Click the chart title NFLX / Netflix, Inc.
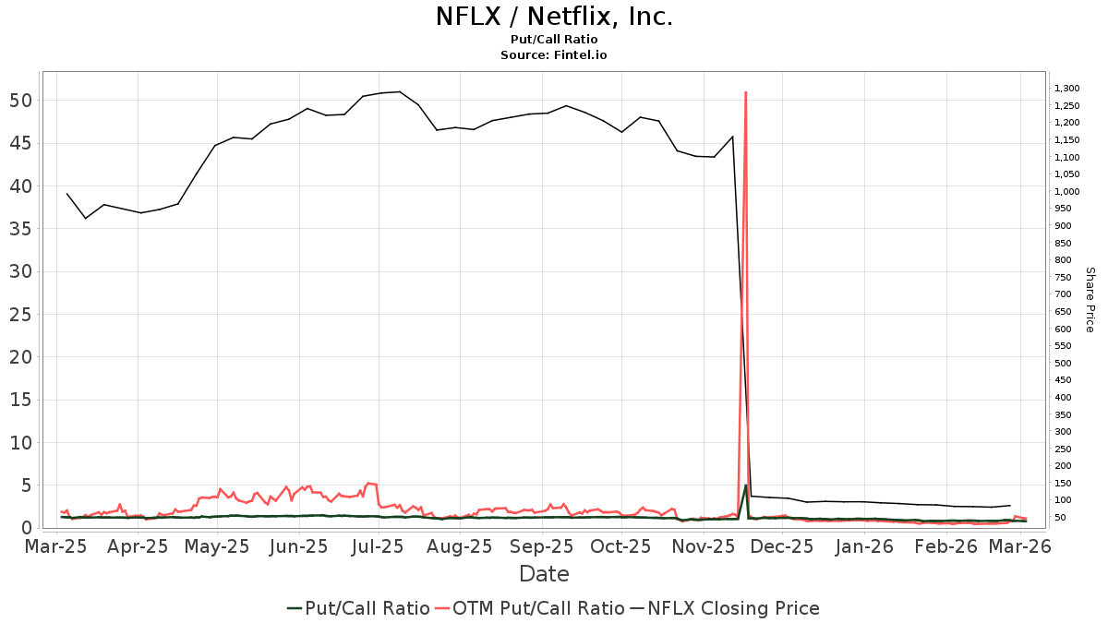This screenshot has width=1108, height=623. tap(554, 18)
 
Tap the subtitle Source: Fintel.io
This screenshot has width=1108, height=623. tap(554, 55)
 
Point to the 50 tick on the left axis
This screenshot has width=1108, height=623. tap(21, 100)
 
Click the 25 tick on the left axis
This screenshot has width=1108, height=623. tap(21, 314)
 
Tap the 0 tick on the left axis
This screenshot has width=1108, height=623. tap(26, 528)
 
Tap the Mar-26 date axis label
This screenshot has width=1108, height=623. tap(1020, 547)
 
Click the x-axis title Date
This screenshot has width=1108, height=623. tap(544, 574)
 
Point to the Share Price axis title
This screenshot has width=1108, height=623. tap(1090, 299)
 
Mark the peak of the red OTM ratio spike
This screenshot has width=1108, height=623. tap(745, 92)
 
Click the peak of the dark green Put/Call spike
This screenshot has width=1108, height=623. tap(745, 486)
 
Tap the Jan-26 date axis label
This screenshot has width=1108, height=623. tap(865, 547)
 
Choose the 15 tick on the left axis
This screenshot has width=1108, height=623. tap(21, 400)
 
